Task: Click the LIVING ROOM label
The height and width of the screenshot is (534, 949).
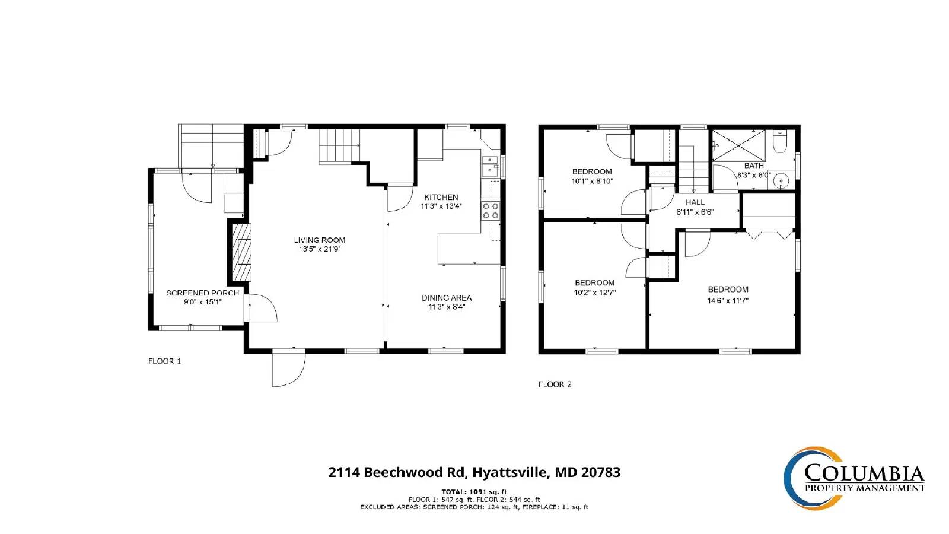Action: point(320,240)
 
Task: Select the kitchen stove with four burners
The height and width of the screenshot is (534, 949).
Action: point(491,211)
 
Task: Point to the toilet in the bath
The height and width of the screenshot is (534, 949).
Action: point(779,142)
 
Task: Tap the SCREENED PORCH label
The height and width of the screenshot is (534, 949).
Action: point(202,293)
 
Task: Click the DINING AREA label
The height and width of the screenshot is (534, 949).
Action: point(447,298)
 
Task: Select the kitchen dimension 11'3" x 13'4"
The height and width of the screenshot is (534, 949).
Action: point(441,206)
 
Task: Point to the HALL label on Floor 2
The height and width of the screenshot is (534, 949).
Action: point(695,202)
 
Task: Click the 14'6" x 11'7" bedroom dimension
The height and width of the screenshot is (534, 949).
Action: point(728,300)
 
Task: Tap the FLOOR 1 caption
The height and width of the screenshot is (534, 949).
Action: point(165,361)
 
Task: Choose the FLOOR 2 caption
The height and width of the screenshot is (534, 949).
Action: point(555,384)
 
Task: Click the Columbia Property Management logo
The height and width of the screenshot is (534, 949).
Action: point(854,478)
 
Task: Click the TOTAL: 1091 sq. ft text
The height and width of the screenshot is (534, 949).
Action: point(474,492)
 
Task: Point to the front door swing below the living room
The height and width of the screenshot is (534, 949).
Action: point(288,370)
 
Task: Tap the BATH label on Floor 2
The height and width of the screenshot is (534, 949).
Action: point(754,166)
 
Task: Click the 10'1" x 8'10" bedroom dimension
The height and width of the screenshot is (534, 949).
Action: point(592,181)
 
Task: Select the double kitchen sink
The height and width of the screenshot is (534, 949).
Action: point(489,166)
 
